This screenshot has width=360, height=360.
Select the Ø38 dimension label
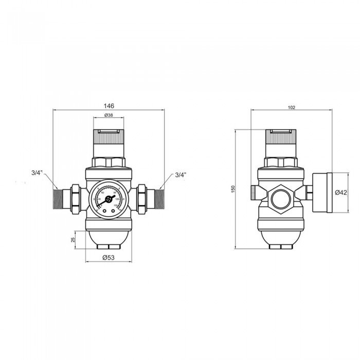[109, 116]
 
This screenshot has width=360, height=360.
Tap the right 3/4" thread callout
[180, 175]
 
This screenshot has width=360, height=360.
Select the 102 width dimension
[291, 107]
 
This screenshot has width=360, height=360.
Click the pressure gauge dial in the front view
[108, 199]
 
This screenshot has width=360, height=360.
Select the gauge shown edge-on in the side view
[321, 193]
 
